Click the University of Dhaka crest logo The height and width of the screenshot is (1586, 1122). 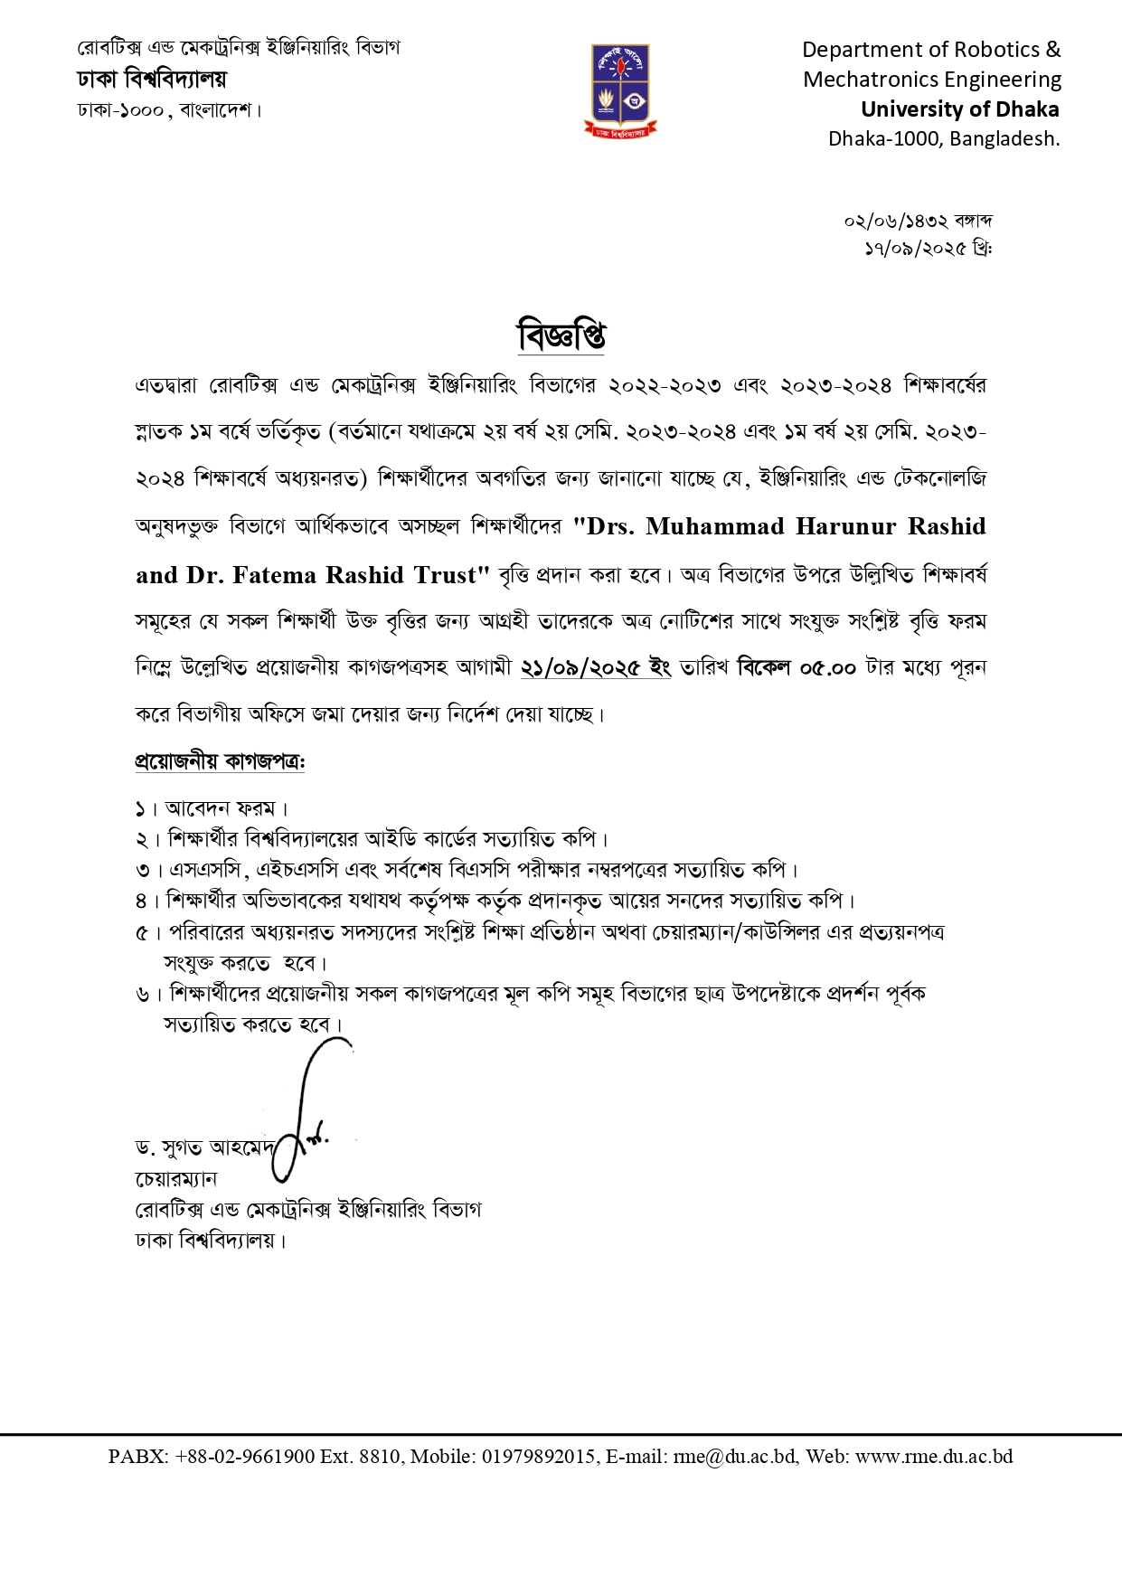(x=620, y=90)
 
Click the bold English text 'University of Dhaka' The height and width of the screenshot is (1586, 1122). (x=959, y=109)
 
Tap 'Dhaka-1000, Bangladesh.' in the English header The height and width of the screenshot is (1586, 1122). (x=944, y=139)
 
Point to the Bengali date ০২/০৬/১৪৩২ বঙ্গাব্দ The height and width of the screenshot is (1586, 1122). (x=919, y=221)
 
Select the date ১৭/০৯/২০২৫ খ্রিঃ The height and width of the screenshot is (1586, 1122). (x=929, y=248)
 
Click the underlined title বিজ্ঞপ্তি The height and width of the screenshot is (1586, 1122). (x=561, y=335)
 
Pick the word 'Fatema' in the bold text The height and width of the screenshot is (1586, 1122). (x=275, y=575)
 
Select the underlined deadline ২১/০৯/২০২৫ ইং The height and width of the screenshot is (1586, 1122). (x=596, y=668)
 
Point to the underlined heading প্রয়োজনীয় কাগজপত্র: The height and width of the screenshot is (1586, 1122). (x=220, y=761)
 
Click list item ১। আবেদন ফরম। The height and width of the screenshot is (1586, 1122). (x=212, y=807)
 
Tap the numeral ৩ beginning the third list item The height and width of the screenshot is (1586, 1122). (x=142, y=871)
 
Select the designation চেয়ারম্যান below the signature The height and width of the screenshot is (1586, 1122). (x=176, y=1179)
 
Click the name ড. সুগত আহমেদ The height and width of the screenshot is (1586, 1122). (x=204, y=1148)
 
